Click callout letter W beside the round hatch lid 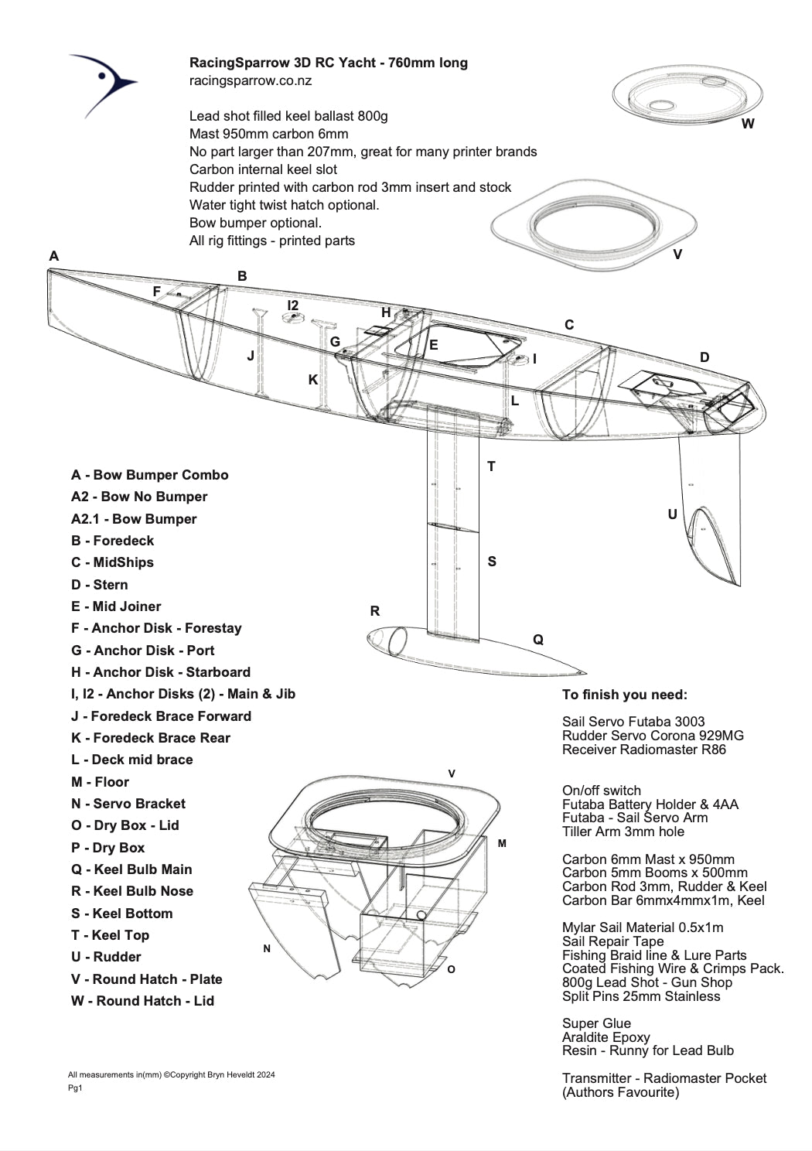[x=747, y=124]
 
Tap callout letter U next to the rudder [x=672, y=514]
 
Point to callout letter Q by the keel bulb [x=538, y=640]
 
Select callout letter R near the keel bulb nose [x=375, y=611]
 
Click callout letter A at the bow [x=53, y=256]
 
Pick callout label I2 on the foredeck [x=292, y=306]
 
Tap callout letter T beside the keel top [x=491, y=466]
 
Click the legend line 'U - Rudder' [x=106, y=957]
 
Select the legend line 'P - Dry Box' [x=107, y=848]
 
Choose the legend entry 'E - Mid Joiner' [x=116, y=606]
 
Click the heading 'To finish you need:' [x=624, y=695]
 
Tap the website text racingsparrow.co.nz [x=251, y=80]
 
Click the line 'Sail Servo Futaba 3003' [x=633, y=722]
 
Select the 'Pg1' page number [x=75, y=1088]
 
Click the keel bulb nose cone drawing [x=387, y=640]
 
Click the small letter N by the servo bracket [x=267, y=948]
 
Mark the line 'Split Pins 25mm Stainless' [x=641, y=996]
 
